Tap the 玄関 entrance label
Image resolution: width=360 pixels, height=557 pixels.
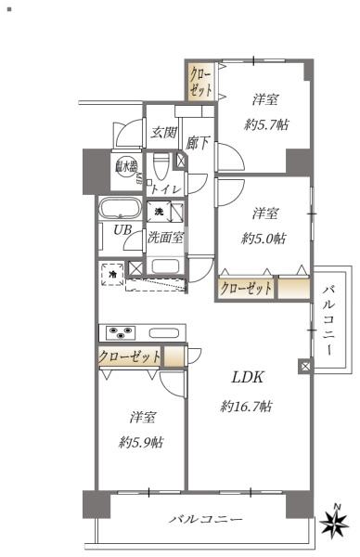click(x=163, y=133)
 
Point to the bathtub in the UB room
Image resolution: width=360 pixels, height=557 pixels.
click(x=118, y=209)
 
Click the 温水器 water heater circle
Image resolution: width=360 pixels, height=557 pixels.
click(x=123, y=167)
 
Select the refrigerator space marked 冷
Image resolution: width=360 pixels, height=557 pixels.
click(x=112, y=274)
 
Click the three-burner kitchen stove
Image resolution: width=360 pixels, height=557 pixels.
click(x=121, y=332)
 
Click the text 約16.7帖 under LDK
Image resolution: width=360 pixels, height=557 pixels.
click(x=246, y=407)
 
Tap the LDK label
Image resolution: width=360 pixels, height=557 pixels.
click(x=247, y=377)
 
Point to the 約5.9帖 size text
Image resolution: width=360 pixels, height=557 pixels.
click(x=142, y=443)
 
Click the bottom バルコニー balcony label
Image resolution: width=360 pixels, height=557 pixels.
click(x=206, y=518)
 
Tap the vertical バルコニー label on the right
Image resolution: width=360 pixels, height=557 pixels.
click(x=328, y=320)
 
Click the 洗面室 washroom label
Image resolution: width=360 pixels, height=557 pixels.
click(x=165, y=238)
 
